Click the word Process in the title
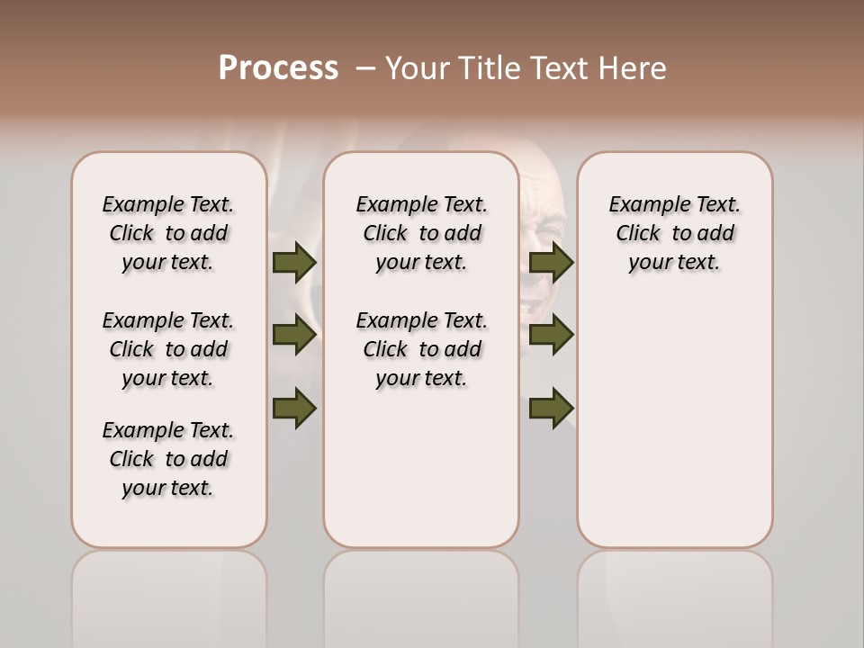tap(278, 68)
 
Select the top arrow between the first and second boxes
tap(293, 263)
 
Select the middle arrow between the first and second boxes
tap(293, 335)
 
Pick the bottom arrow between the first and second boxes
tap(293, 407)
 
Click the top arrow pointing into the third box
tap(551, 263)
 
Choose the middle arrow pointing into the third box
tap(551, 335)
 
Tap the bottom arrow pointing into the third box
tap(551, 407)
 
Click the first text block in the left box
tap(168, 233)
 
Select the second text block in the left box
tap(168, 349)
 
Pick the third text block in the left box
tap(168, 459)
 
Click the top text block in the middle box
tap(421, 233)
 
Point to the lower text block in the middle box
tap(421, 349)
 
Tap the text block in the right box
tap(674, 233)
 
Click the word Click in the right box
tap(638, 234)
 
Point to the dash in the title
tap(366, 68)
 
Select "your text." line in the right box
tap(674, 263)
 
